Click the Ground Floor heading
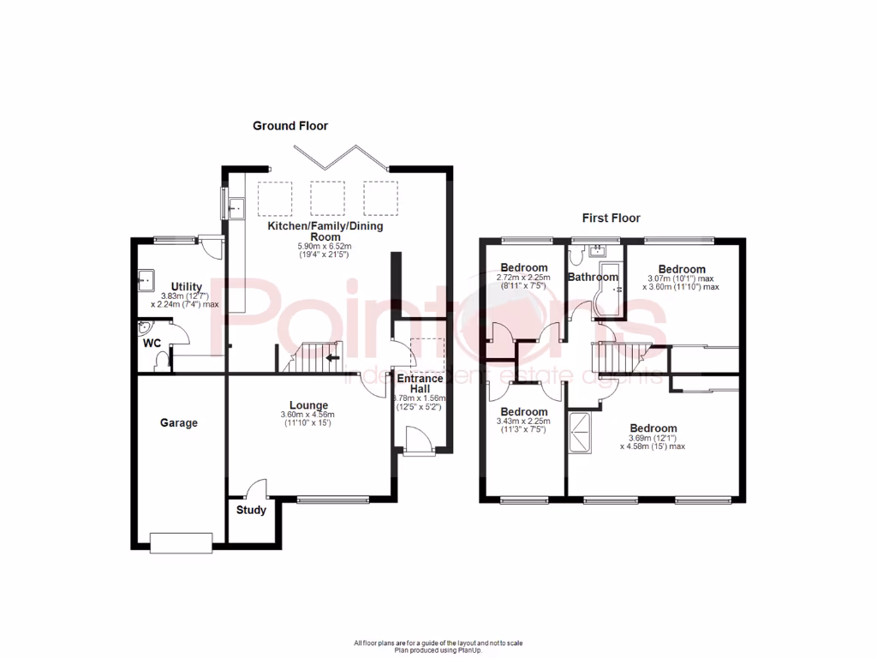(x=289, y=126)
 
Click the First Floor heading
(x=612, y=218)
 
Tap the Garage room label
(x=179, y=422)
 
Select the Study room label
(x=251, y=510)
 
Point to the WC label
(x=152, y=343)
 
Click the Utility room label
(x=186, y=286)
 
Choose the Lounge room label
(x=308, y=405)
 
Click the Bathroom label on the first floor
(x=592, y=277)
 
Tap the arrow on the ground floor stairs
(x=331, y=357)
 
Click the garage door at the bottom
(x=180, y=542)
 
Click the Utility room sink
(x=145, y=278)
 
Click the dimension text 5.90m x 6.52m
(x=325, y=246)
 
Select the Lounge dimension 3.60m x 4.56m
(x=307, y=416)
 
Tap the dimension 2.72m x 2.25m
(x=524, y=278)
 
